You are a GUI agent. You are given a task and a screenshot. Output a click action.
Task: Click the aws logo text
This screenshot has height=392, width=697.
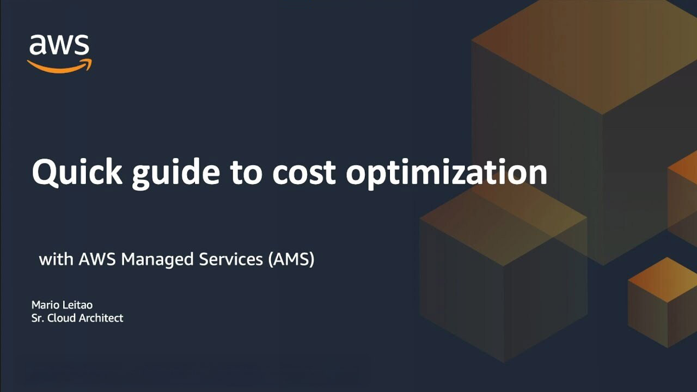click(59, 46)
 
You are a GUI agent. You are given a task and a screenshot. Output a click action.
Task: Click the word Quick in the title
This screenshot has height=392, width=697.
click(69, 173)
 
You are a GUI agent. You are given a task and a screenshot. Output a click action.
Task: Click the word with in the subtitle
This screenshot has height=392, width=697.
click(57, 259)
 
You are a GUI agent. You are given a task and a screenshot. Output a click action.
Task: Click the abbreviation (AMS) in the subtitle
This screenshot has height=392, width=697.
click(291, 260)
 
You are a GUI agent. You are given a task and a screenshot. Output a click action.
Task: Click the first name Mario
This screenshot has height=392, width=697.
click(44, 305)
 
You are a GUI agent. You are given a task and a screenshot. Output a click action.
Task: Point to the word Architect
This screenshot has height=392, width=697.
click(101, 318)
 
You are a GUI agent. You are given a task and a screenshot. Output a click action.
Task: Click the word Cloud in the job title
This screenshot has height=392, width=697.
click(62, 318)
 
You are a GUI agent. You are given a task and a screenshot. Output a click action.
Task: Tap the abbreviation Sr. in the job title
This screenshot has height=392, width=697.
click(38, 318)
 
